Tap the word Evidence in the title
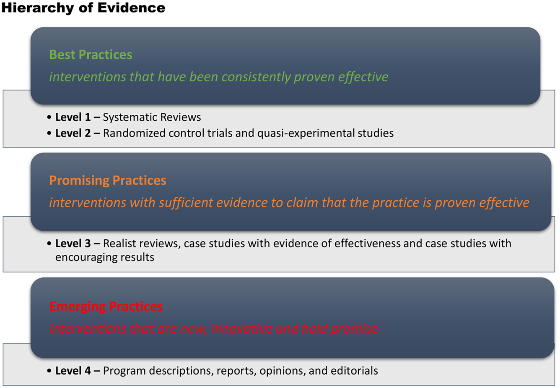click(131, 8)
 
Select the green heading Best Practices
click(91, 54)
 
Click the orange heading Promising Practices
click(107, 181)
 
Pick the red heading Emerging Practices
click(106, 307)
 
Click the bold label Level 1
click(73, 117)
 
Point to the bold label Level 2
click(73, 133)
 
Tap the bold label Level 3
click(73, 243)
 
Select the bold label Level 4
click(73, 370)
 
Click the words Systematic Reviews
click(152, 117)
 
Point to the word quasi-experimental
click(306, 133)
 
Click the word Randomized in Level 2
click(134, 133)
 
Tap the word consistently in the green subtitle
click(256, 77)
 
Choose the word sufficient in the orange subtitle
click(186, 203)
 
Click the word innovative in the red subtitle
click(242, 328)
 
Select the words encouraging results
click(105, 258)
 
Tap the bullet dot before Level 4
click(49, 370)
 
